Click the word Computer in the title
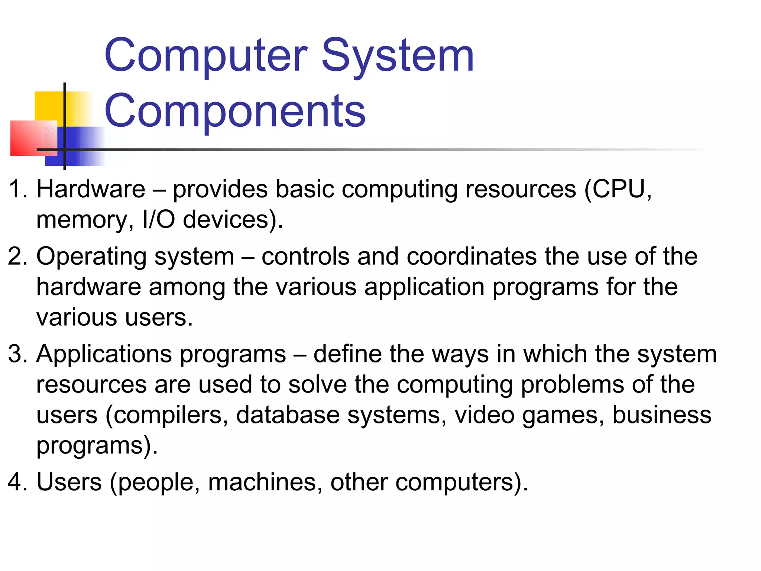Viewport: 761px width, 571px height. pos(206,56)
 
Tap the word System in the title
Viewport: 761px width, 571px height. pos(398,56)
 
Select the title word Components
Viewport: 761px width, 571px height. pos(235,111)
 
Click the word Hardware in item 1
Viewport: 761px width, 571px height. pos(91,189)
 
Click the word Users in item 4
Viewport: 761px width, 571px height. pos(69,482)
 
